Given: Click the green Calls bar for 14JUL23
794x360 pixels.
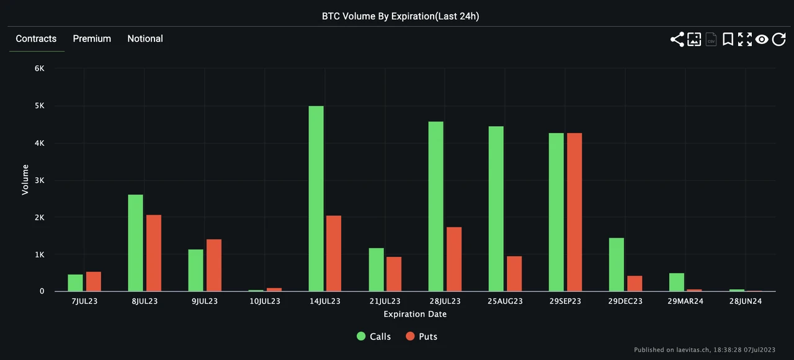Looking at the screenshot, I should tap(316, 199).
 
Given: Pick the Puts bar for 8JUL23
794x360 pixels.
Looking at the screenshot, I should tap(153, 253).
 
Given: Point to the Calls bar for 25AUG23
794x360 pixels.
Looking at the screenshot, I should tap(496, 209).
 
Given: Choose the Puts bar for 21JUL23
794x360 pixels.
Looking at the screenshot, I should tap(394, 274).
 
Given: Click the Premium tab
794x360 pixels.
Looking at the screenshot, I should tap(92, 38).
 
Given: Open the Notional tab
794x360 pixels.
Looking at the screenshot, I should tap(145, 38).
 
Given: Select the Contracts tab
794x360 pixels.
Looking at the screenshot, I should tap(36, 38).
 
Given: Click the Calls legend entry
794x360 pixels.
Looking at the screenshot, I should tap(374, 336).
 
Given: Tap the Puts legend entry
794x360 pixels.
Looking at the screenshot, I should tap(422, 336).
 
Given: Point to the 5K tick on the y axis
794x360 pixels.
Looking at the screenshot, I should tap(40, 106).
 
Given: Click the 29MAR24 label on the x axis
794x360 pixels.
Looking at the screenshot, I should tap(685, 301).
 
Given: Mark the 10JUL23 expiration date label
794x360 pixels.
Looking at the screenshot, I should tap(265, 301).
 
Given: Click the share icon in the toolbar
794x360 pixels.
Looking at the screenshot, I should tap(677, 40).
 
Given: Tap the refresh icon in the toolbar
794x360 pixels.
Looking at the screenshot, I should tap(779, 40).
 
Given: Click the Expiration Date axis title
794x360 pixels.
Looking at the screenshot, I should tap(415, 314).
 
